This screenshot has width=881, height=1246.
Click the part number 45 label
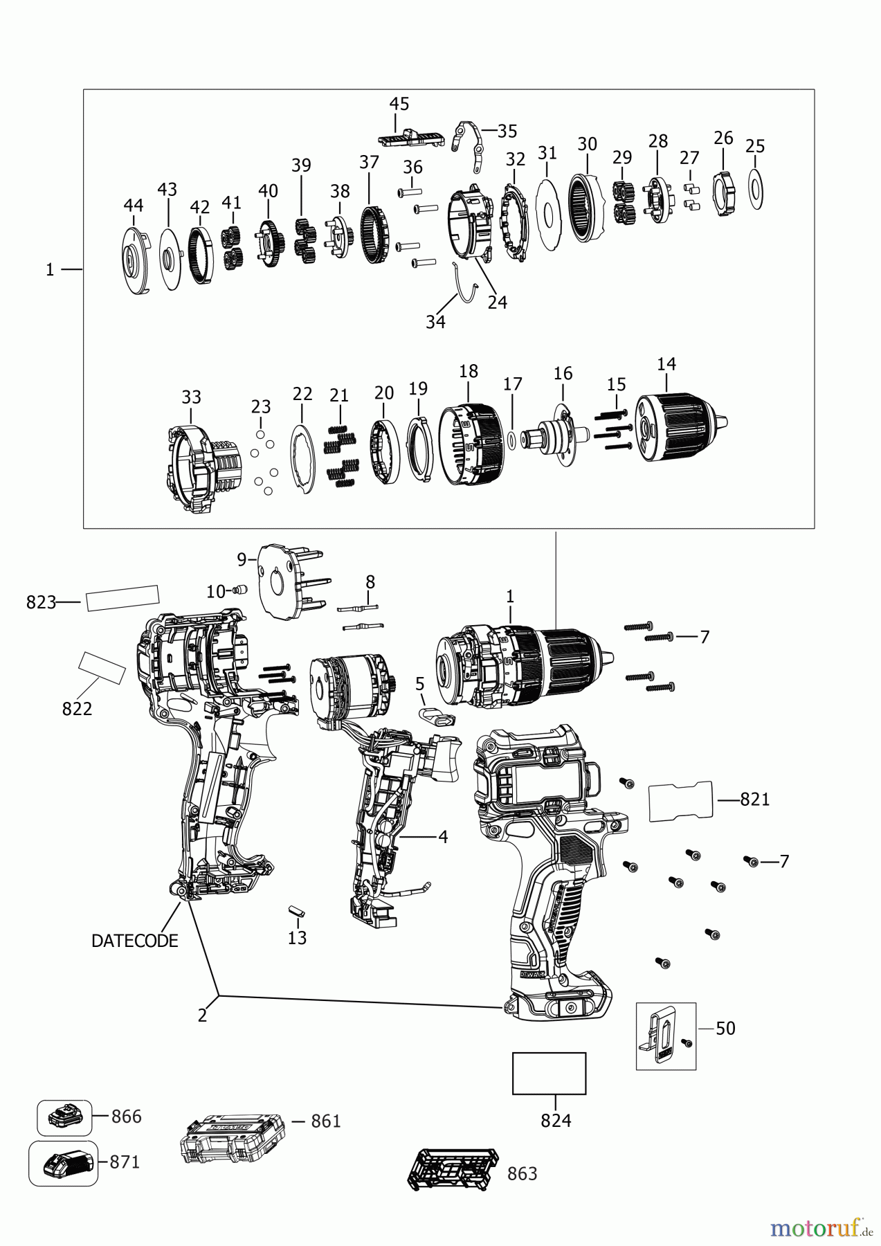(399, 104)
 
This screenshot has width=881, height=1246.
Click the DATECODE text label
(134, 941)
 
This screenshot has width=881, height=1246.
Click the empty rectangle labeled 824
(549, 1074)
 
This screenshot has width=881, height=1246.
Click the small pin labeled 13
(296, 910)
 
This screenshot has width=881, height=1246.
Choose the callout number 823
(40, 602)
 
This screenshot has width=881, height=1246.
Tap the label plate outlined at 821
(680, 801)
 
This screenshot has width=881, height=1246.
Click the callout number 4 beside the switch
(442, 837)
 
